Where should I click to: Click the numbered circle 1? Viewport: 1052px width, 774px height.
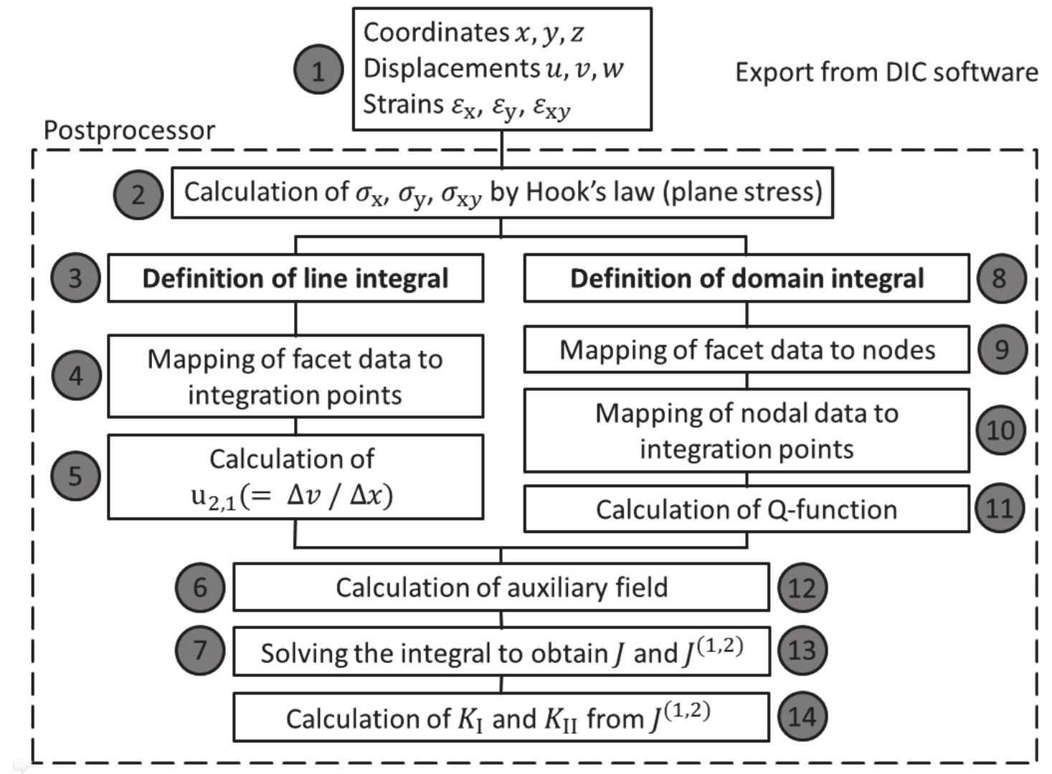point(318,70)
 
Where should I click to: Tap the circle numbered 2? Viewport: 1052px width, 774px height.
point(138,194)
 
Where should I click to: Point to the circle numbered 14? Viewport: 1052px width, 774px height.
point(802,716)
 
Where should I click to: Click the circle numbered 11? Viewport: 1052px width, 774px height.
point(1000,509)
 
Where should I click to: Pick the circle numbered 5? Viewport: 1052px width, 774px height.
point(75,476)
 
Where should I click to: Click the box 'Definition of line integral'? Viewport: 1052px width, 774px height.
point(295,278)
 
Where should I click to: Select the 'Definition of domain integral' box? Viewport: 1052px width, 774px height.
point(747,278)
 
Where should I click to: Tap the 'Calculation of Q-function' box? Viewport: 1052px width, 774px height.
point(747,509)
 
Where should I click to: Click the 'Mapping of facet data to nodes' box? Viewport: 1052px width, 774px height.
point(747,350)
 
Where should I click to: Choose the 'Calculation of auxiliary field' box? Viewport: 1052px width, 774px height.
point(501,587)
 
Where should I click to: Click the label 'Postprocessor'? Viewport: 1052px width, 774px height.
point(129,131)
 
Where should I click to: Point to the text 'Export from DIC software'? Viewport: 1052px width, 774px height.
point(886,72)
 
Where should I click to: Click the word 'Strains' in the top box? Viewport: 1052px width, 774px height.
point(403,105)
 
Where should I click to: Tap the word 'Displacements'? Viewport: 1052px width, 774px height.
point(446,68)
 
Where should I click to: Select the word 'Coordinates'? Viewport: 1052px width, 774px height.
point(436,32)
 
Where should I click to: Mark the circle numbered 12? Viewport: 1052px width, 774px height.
point(802,587)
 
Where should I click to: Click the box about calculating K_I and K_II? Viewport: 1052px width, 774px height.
point(501,717)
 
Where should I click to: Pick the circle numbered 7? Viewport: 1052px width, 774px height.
point(199,651)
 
